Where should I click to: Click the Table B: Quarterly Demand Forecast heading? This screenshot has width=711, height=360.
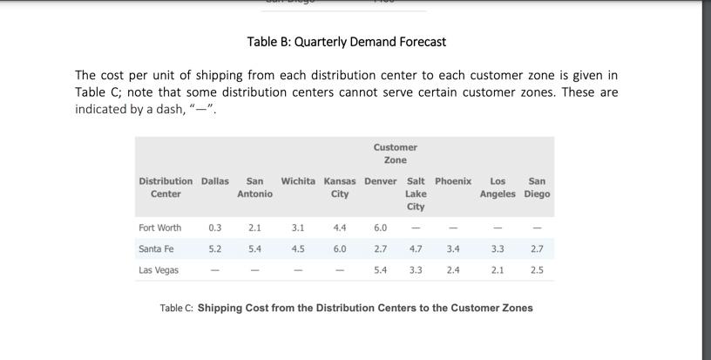pos(346,42)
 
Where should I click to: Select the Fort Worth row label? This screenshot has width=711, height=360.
pos(160,228)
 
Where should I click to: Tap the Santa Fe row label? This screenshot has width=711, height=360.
pos(156,249)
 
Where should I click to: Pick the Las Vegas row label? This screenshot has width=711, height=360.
pos(159,270)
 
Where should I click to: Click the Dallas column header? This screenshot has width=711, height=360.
pos(215,181)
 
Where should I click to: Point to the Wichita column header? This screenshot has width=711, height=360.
pos(298,181)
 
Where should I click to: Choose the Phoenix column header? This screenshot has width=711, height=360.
pos(453,181)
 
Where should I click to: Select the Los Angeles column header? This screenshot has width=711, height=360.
pos(498,187)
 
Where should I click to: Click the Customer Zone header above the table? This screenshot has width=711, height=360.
pos(395,153)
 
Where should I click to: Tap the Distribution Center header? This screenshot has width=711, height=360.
pos(166,187)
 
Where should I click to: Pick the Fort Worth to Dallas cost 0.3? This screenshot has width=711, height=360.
pos(215,228)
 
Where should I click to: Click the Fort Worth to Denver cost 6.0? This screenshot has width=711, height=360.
pos(381,228)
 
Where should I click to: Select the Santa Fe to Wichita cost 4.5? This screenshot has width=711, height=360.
pos(298,249)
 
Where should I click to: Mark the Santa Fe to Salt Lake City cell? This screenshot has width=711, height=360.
pos(416,249)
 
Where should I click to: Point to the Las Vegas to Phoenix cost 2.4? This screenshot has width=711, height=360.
pos(453,270)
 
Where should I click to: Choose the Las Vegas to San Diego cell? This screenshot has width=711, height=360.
pos(537,270)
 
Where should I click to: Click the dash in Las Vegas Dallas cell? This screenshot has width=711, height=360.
pos(215,270)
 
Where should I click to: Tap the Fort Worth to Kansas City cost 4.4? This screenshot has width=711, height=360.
pos(340,228)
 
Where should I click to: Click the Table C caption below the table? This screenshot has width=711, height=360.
pos(346,308)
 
